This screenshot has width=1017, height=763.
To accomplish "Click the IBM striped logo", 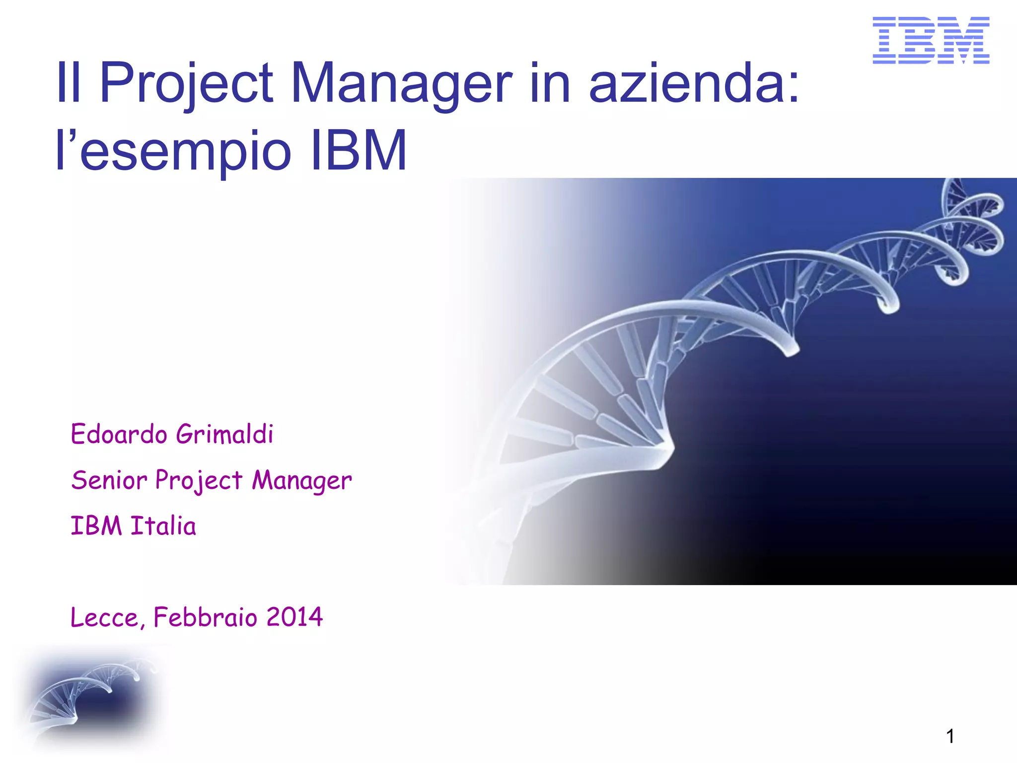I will (931, 40).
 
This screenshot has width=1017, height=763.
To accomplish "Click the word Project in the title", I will (186, 83).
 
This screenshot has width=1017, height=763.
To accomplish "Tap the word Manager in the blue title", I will (401, 83).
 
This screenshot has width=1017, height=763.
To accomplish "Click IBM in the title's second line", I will (358, 150).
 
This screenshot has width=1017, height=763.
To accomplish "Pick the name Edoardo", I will (119, 434).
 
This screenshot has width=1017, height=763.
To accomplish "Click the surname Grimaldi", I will (224, 434).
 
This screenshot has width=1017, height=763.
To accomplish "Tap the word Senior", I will (109, 480).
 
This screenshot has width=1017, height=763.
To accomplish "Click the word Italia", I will (163, 526).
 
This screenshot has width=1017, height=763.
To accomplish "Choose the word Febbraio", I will (206, 617).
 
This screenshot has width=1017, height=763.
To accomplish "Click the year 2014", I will (294, 617).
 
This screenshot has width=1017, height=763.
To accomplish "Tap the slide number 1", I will (950, 736).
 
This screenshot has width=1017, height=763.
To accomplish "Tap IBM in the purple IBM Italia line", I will (96, 526).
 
